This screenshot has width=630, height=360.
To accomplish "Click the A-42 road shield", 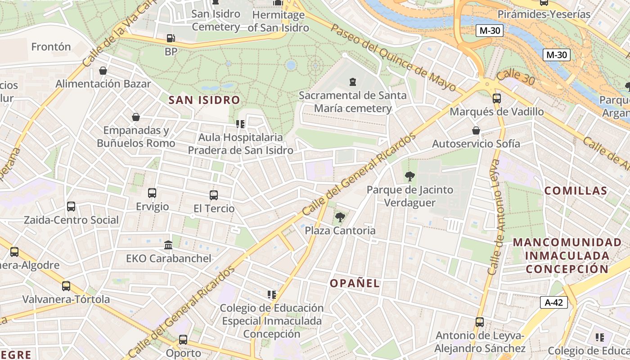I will (x=553, y=302).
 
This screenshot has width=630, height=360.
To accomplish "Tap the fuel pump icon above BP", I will (x=171, y=39).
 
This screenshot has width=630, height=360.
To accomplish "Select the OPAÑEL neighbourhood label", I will (x=355, y=283).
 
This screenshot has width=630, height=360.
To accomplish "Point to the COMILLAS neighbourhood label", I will (x=576, y=191).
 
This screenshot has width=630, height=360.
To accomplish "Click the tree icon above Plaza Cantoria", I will (x=340, y=217).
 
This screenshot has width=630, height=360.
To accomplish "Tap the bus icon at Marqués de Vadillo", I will (x=497, y=98).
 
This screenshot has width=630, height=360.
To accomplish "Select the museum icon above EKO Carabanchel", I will (x=168, y=245).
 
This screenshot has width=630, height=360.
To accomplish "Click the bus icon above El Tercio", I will (x=214, y=195).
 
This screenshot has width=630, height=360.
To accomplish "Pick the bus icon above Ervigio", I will (x=152, y=193).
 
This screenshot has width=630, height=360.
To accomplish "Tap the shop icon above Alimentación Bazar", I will (x=103, y=71).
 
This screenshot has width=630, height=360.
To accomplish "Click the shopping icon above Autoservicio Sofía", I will (x=476, y=130).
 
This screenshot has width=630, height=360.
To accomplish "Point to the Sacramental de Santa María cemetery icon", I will (x=352, y=82).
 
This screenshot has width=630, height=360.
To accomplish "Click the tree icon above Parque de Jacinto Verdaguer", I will (x=409, y=176).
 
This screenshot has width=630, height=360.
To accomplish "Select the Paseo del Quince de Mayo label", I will (x=393, y=57).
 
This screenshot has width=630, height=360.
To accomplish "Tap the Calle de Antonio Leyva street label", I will (x=498, y=217).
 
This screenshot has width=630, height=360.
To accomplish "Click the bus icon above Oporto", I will (x=183, y=340).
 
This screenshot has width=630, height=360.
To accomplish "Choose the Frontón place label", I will (x=51, y=47).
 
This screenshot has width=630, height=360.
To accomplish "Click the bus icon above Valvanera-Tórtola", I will (x=66, y=286).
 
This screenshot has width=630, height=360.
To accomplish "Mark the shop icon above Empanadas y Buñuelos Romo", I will (x=136, y=117).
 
